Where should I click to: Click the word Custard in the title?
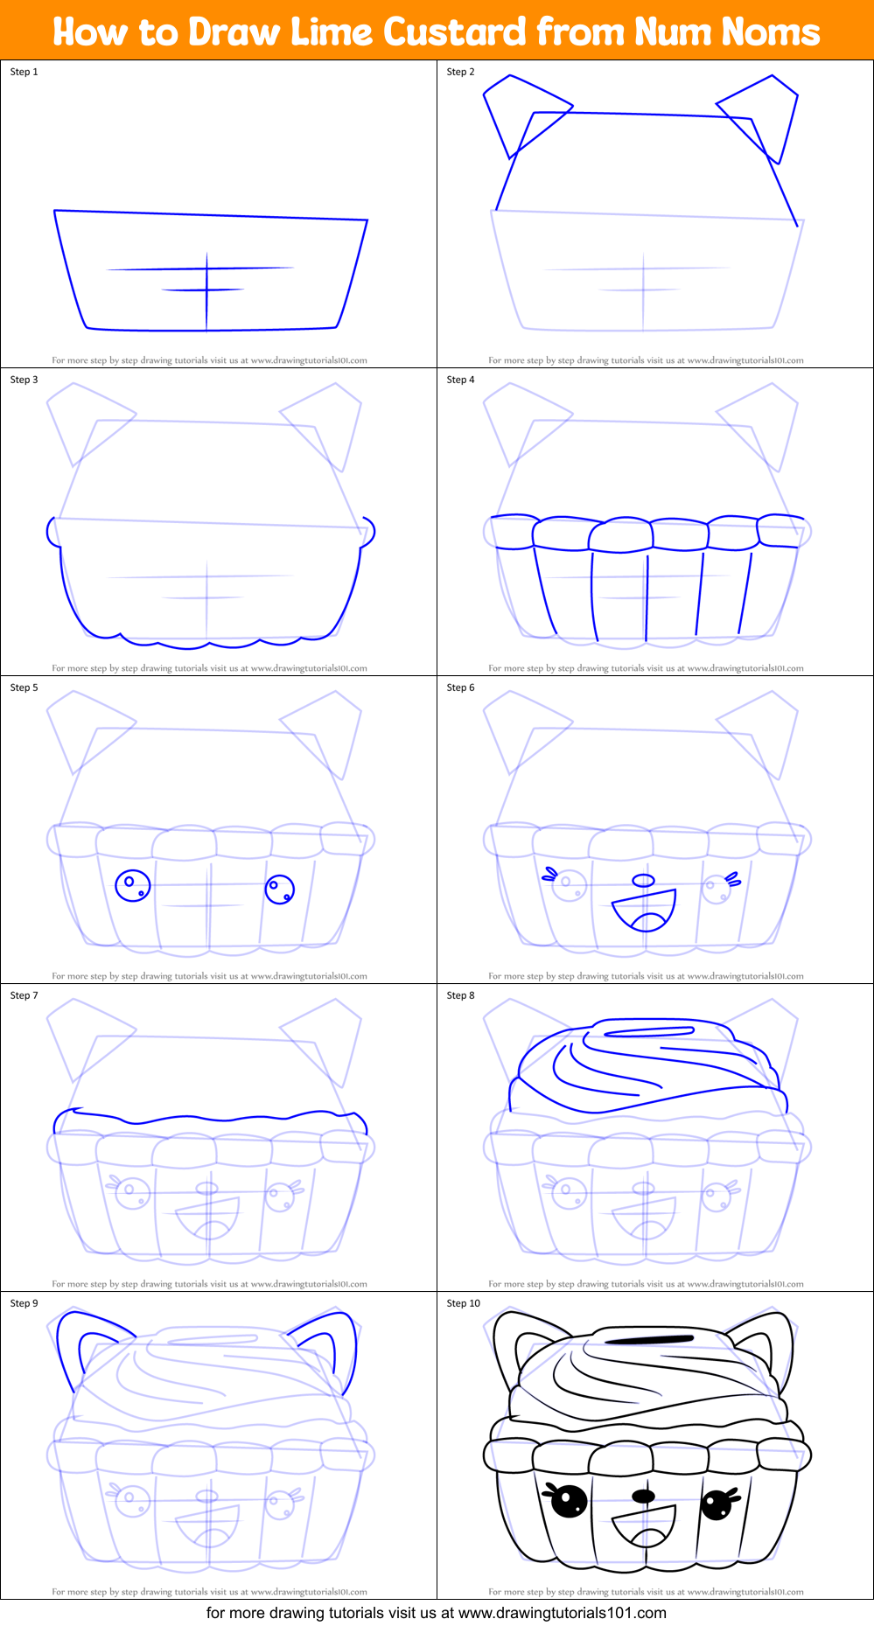point(455,32)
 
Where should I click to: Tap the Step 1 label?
point(24,72)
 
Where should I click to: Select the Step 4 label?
point(461,380)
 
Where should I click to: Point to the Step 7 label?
point(24,995)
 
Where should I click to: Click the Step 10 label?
point(464,1303)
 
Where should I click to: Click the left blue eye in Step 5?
point(133,885)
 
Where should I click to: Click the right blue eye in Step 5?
point(280,890)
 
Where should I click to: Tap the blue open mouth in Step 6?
point(646,911)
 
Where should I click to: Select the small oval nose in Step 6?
point(643,880)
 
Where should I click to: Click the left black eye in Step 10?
point(569,1502)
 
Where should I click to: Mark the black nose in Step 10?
point(643,1496)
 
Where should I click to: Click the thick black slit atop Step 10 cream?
point(648,1339)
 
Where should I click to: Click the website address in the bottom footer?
point(562,1613)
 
